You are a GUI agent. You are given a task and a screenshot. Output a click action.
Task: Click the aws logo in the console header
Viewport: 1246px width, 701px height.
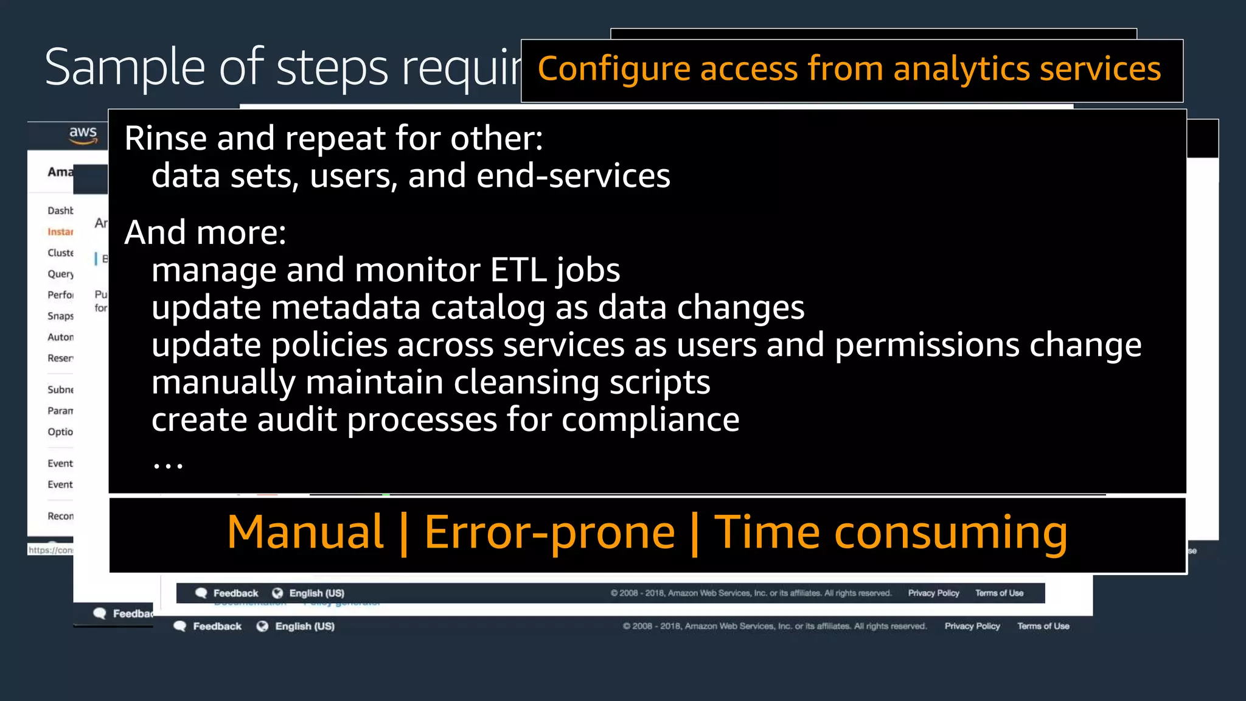point(83,134)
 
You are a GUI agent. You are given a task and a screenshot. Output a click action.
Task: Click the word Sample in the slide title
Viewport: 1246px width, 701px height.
point(125,68)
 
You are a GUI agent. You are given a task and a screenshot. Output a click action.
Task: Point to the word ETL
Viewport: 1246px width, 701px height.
point(518,270)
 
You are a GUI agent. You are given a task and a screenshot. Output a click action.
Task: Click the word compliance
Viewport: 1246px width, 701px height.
point(650,420)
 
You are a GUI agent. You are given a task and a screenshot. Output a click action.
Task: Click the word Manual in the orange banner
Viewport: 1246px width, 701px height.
point(305,532)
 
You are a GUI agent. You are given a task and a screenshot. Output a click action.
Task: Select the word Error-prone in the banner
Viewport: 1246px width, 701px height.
point(549,532)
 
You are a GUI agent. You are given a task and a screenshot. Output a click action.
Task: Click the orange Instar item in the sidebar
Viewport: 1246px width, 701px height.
point(60,232)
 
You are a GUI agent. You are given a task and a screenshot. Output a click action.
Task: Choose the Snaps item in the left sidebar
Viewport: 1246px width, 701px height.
point(60,316)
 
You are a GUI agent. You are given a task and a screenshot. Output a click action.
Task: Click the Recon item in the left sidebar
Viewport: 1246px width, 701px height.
point(60,516)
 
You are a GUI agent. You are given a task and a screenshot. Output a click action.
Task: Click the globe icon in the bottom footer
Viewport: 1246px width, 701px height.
point(262,626)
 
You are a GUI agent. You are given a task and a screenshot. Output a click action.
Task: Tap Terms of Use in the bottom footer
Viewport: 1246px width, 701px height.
point(1043,626)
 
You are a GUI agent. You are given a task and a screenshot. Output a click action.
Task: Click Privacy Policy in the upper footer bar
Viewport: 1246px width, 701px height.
point(933,593)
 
